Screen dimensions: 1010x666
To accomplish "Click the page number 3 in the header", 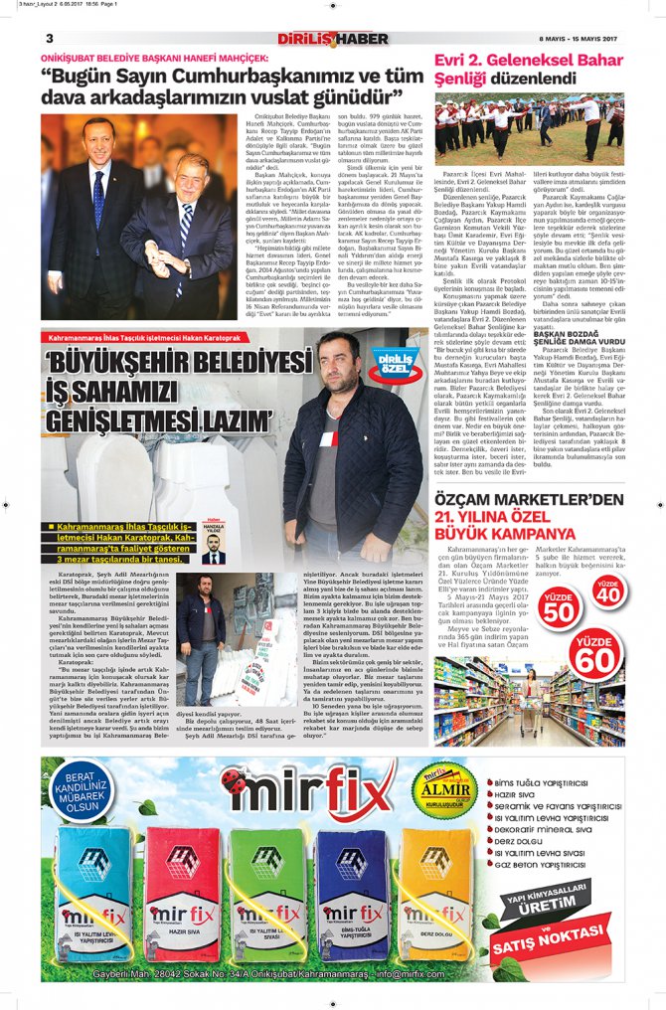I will click(x=48, y=39).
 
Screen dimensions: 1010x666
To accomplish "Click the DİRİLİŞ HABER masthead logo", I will click(x=332, y=38).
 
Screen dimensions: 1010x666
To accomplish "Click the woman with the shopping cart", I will click(x=531, y=686).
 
